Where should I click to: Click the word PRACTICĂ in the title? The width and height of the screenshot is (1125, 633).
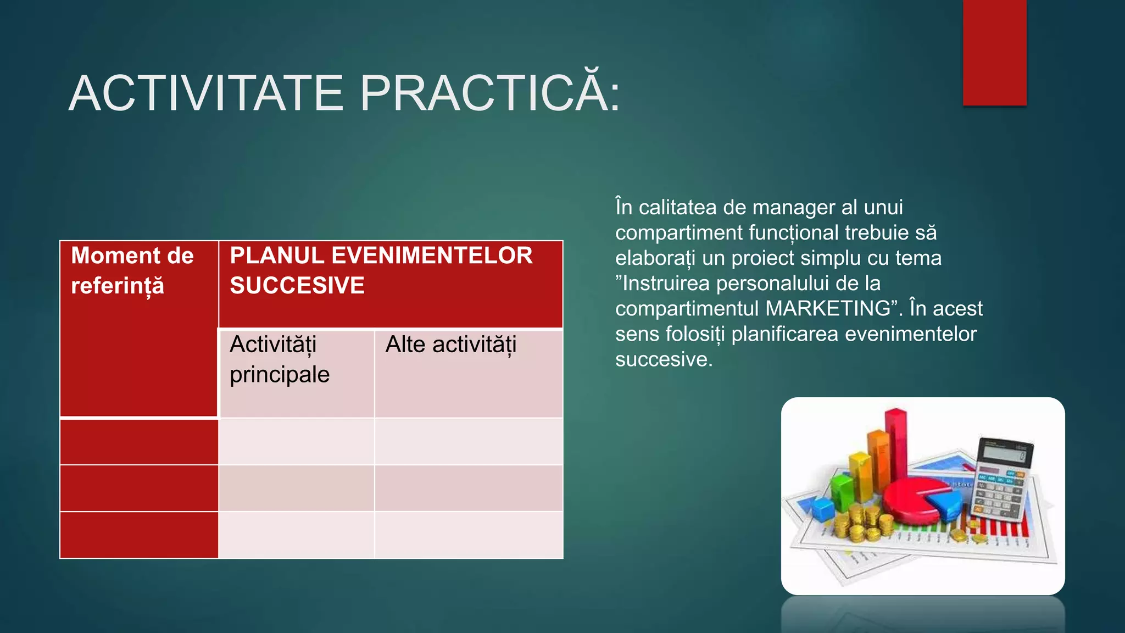(x=490, y=93)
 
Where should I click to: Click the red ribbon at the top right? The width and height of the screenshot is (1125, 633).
(x=994, y=52)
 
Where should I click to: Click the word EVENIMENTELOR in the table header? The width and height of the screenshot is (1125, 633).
(x=432, y=256)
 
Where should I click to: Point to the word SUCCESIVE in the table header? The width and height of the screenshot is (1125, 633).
(x=297, y=286)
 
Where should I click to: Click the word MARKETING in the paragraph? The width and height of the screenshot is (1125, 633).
(x=827, y=309)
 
